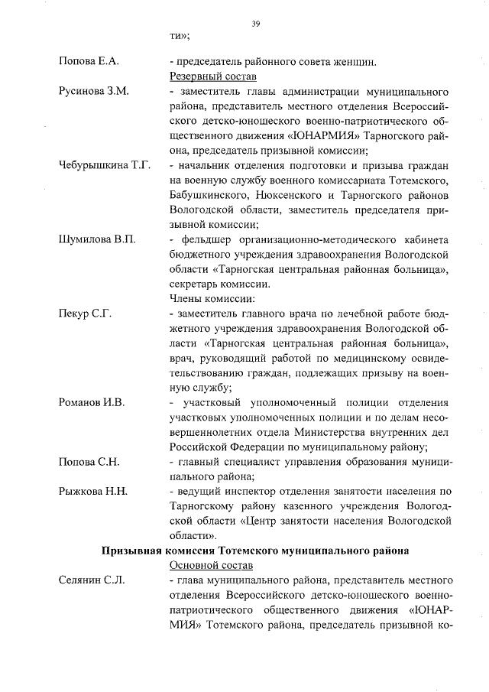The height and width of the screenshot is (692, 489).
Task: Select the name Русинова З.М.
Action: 93,91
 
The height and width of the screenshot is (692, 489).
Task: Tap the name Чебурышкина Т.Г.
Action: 105,165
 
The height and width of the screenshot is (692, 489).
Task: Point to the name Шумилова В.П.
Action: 97,239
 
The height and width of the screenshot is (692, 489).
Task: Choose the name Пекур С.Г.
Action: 85,314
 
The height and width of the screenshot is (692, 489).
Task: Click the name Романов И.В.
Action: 92,402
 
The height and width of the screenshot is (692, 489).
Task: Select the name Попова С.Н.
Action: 89,462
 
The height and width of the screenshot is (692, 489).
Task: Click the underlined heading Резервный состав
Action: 212,76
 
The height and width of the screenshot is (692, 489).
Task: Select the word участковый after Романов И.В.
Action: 209,402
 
